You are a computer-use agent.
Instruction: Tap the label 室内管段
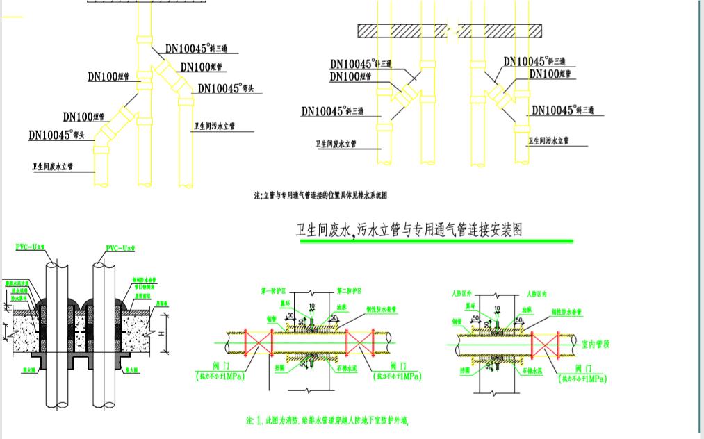click(596, 345)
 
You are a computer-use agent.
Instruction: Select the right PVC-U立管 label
click(122, 248)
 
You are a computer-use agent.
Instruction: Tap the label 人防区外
click(461, 294)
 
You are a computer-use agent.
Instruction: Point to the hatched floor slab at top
click(450, 31)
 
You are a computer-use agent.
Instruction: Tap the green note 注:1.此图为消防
click(327, 420)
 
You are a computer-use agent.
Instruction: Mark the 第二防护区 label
click(350, 291)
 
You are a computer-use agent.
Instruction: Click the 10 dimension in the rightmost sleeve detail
click(496, 306)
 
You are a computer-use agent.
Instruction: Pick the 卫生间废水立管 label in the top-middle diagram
click(336, 144)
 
